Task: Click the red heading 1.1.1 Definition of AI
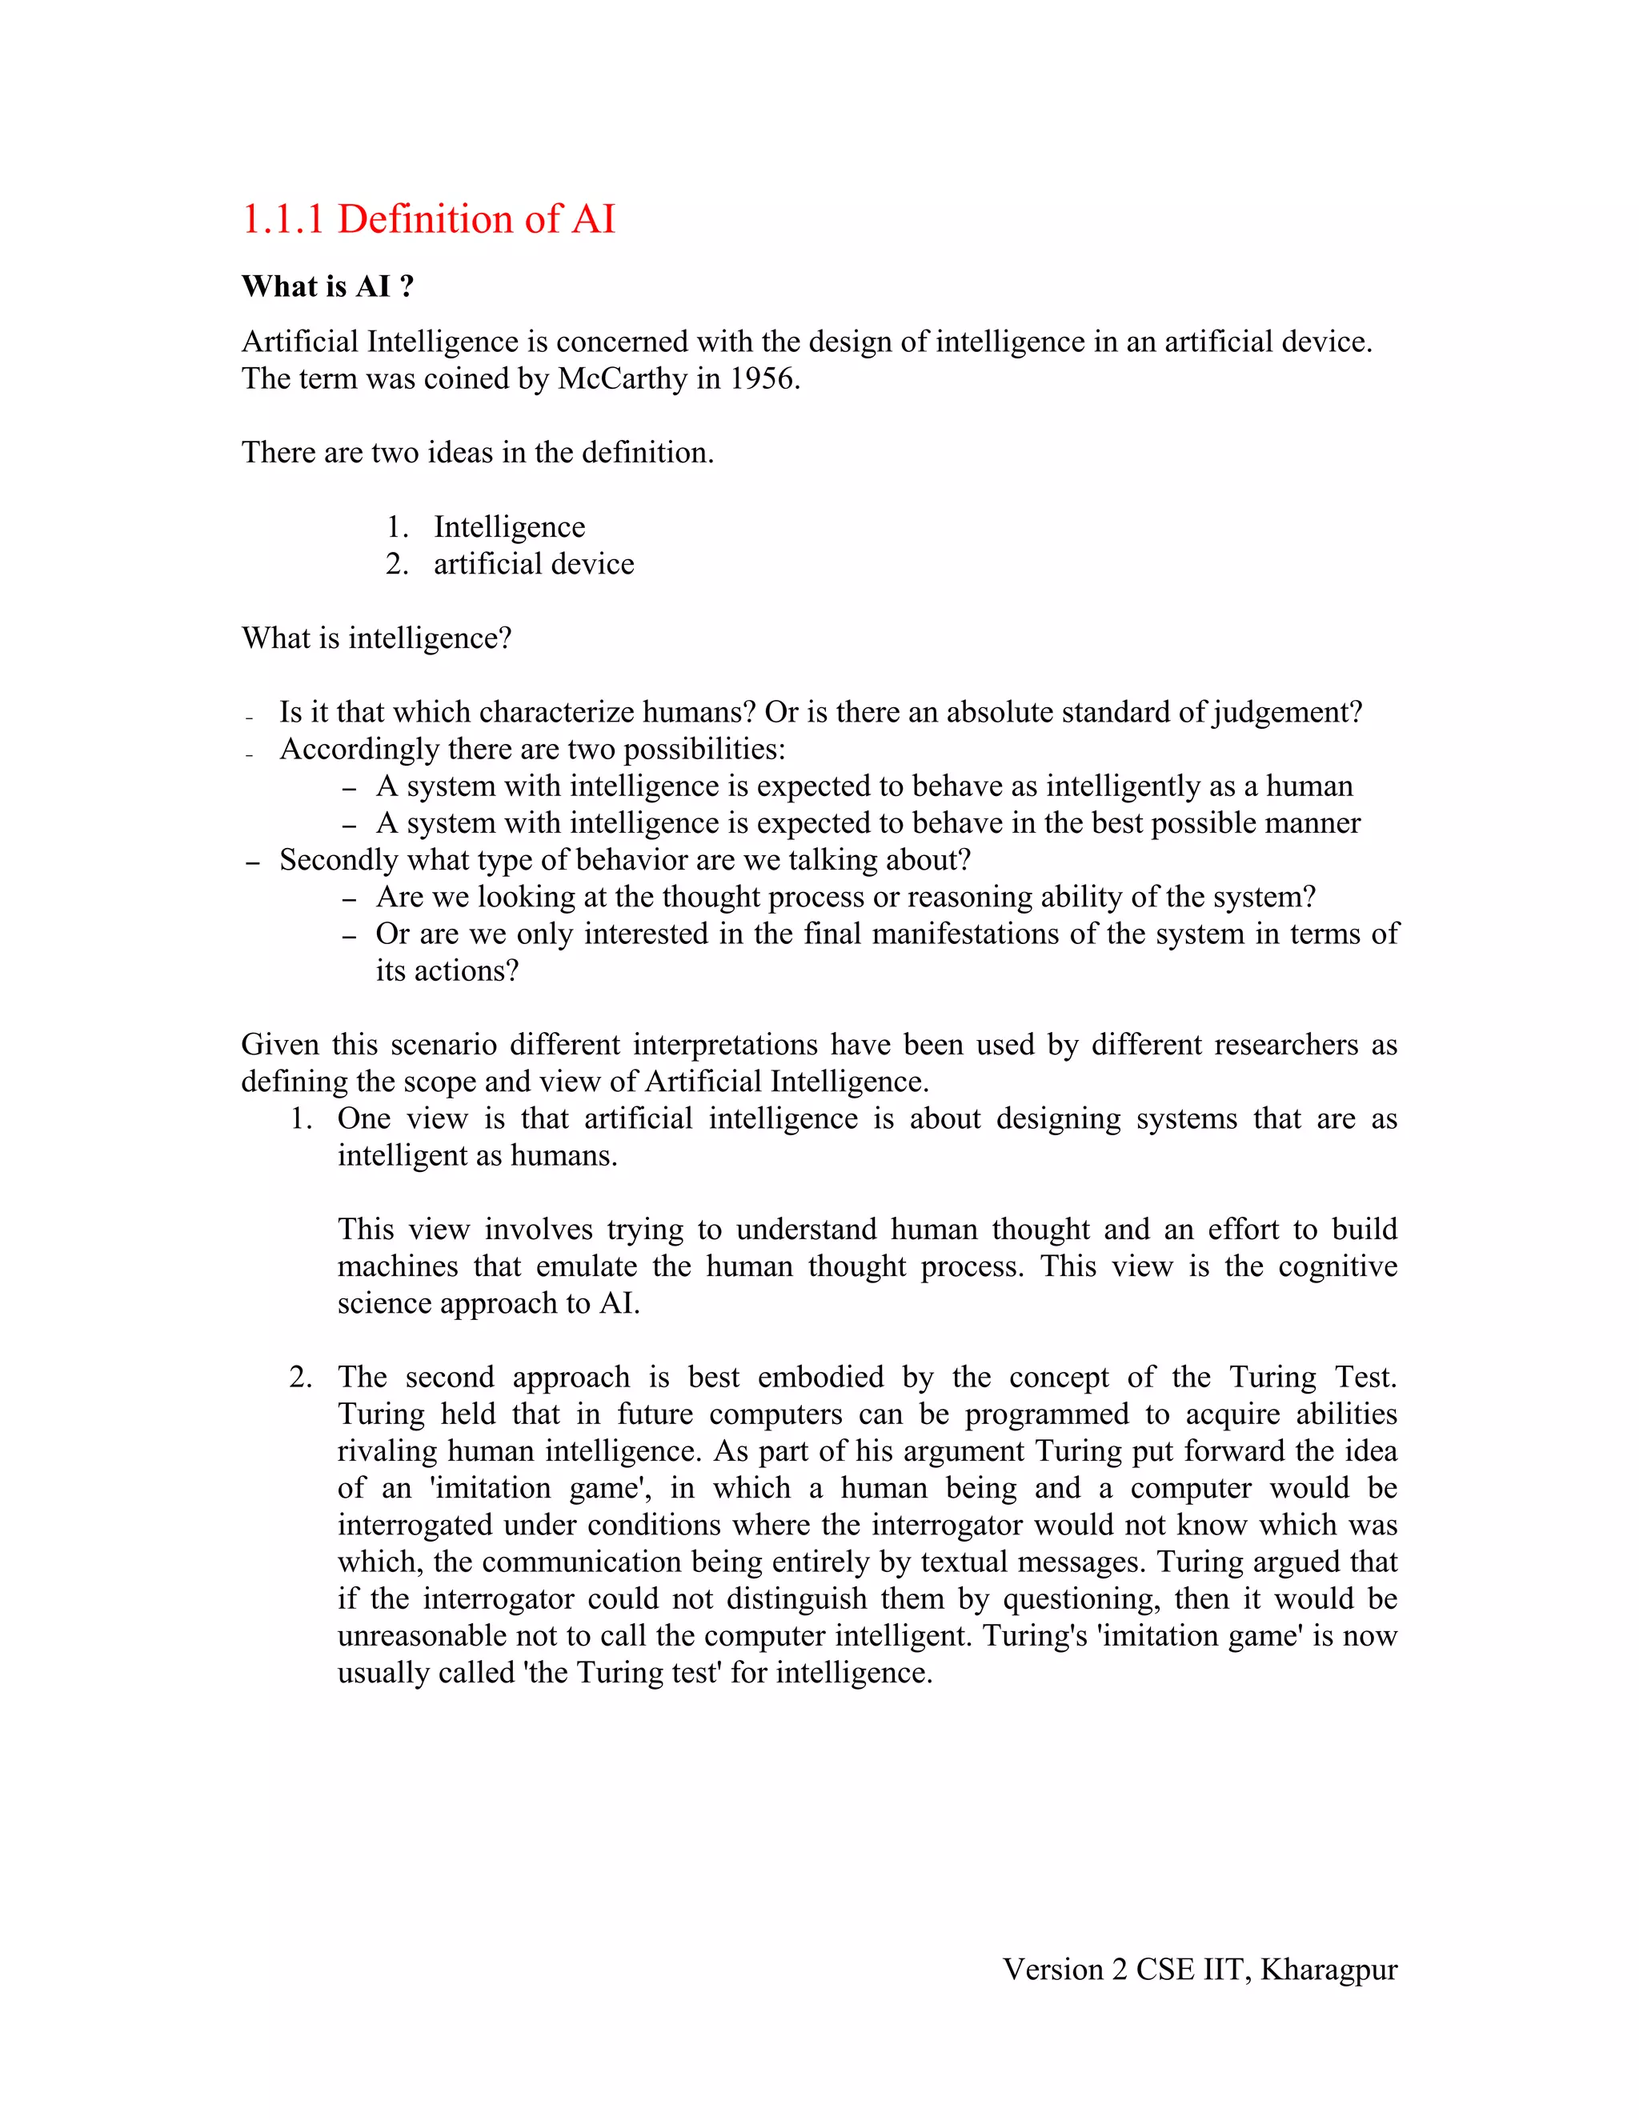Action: tap(428, 219)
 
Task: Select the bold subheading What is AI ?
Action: tap(328, 286)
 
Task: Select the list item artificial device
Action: tap(533, 564)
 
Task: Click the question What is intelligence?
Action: tap(376, 638)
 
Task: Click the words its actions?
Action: tap(447, 970)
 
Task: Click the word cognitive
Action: tap(1337, 1266)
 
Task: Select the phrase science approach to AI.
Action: tap(488, 1304)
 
